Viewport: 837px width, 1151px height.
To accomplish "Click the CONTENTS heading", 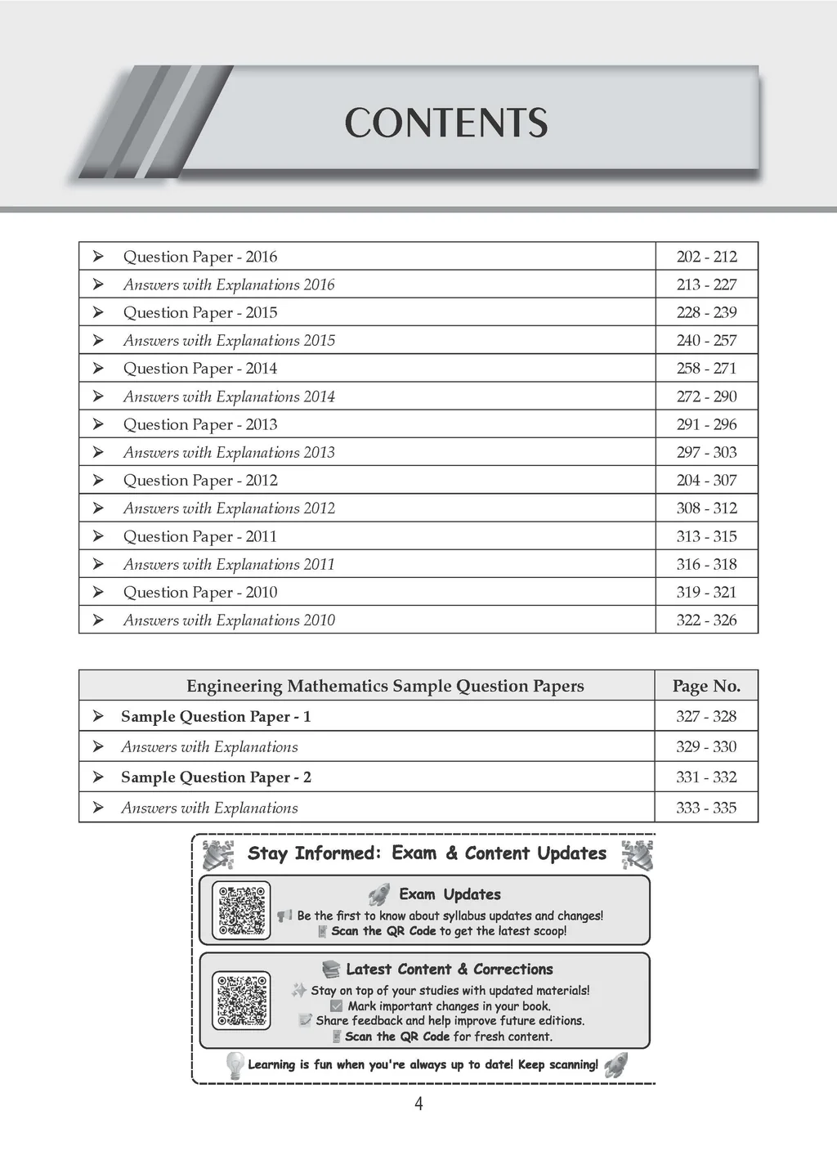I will click(x=445, y=123).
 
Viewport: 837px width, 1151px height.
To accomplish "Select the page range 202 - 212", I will click(x=706, y=257).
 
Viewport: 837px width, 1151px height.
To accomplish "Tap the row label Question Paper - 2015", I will click(x=200, y=312).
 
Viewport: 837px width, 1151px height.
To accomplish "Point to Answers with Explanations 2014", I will click(x=229, y=396).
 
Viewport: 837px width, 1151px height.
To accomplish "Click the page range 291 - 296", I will click(x=706, y=424).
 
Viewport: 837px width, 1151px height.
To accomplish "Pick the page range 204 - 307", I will click(x=706, y=480).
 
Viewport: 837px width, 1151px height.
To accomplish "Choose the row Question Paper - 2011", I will click(x=200, y=536).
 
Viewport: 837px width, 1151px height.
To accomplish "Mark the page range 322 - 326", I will click(x=706, y=620).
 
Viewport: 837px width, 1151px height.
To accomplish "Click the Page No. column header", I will click(x=706, y=686).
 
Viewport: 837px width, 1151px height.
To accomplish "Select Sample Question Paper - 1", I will click(x=216, y=716).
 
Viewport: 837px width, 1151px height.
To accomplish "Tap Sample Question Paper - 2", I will click(x=216, y=777).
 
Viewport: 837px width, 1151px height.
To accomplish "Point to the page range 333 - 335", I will click(x=706, y=808).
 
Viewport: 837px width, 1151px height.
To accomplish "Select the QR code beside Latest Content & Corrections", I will click(x=241, y=1000).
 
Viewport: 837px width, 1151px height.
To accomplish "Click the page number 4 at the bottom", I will click(x=419, y=1104).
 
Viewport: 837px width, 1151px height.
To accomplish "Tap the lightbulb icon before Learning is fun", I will click(x=235, y=1064).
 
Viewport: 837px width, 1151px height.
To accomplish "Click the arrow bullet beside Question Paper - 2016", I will click(x=98, y=257).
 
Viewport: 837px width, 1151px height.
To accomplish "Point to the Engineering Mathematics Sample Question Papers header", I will click(x=385, y=686).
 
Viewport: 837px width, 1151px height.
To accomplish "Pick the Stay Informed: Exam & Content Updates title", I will click(x=427, y=853).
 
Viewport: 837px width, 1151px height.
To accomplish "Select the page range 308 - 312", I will click(x=706, y=508).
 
